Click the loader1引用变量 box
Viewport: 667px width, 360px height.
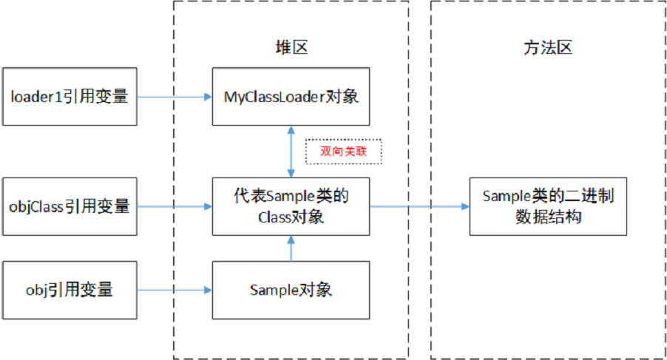tap(70, 96)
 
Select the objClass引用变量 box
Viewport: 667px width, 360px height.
tap(70, 206)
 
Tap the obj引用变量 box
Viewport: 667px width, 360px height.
tap(70, 289)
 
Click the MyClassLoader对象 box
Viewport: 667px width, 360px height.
tap(291, 96)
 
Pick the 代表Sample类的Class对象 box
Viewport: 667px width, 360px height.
tap(291, 206)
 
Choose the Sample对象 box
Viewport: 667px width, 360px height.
tap(291, 289)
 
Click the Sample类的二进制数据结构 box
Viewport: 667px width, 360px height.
tap(547, 206)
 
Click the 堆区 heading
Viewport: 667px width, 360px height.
tap(291, 48)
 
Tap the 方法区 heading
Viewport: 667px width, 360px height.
tap(548, 48)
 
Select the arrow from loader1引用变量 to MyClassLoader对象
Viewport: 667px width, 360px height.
tap(175, 96)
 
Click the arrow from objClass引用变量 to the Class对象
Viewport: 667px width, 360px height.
tap(175, 206)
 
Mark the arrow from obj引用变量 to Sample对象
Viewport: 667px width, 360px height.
tap(175, 290)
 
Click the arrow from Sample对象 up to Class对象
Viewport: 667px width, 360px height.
tap(291, 248)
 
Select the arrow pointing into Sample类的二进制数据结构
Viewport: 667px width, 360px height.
tap(419, 206)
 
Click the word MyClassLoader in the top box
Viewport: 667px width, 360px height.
tap(272, 96)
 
